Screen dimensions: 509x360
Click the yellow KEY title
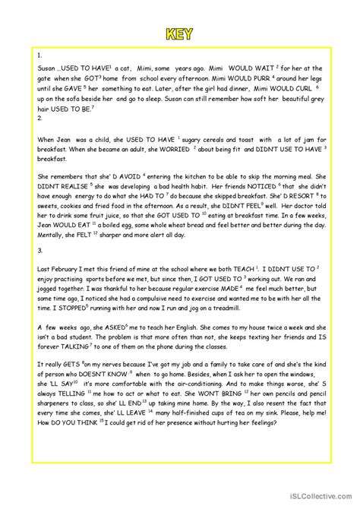pyautogui.click(x=180, y=34)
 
